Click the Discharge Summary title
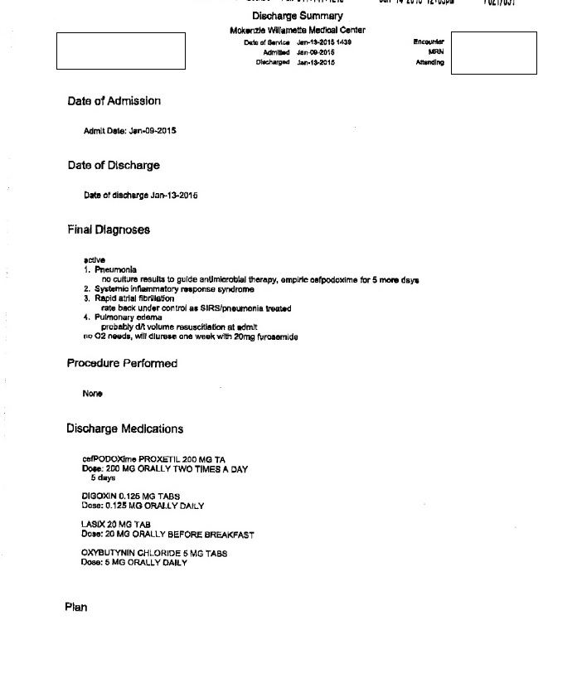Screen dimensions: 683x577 click(297, 17)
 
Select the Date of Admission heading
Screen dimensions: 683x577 click(114, 101)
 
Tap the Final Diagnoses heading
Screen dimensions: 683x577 click(109, 230)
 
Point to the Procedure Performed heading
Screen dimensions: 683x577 click(122, 363)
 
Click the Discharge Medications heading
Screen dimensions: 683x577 click(124, 429)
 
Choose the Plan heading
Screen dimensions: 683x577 click(76, 608)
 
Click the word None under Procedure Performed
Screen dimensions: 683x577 click(92, 394)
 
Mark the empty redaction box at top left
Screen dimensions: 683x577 click(121, 51)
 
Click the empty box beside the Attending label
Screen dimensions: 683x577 click(493, 53)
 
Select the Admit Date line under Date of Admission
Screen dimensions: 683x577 click(130, 131)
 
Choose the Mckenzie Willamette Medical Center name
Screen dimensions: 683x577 click(297, 31)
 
